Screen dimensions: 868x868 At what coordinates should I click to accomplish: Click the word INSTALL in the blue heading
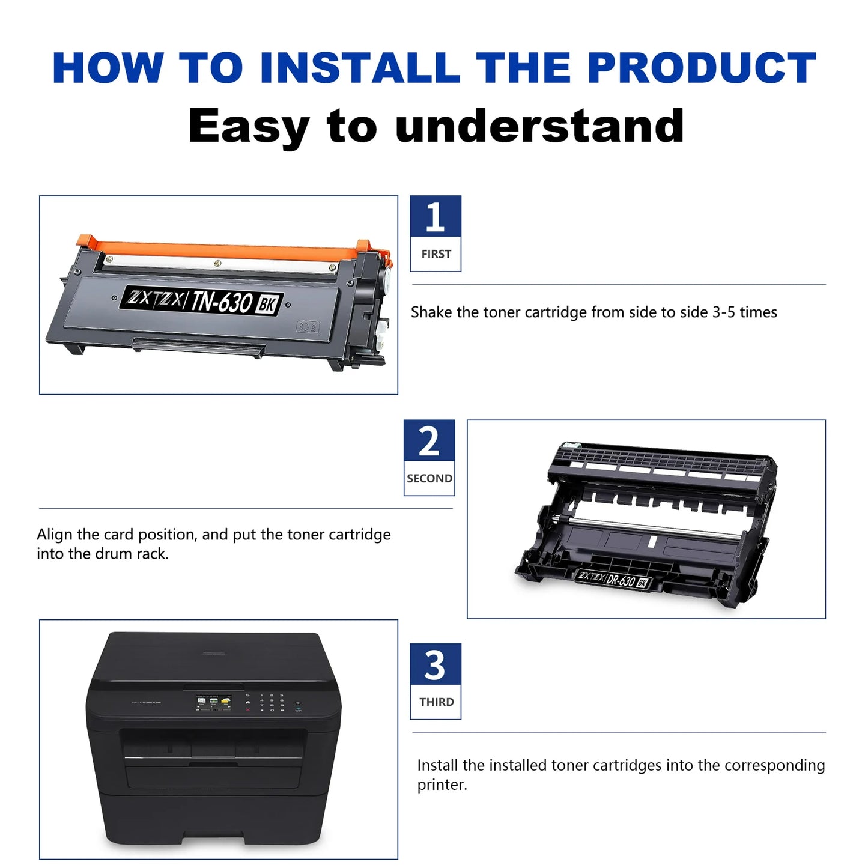click(x=359, y=68)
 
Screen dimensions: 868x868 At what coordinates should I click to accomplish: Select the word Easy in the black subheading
click(x=248, y=126)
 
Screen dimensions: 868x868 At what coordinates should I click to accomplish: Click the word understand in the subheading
click(x=539, y=126)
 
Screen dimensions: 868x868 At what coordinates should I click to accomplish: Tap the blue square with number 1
click(x=436, y=217)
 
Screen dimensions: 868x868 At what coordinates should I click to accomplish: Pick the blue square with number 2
click(x=429, y=441)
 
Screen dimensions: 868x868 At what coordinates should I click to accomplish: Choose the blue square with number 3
click(x=436, y=664)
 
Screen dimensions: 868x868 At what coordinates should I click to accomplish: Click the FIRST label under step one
click(x=436, y=254)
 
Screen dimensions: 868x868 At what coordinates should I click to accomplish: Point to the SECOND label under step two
click(x=429, y=478)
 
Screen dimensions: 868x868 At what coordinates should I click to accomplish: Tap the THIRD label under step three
click(x=436, y=702)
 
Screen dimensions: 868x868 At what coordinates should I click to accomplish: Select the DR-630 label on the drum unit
click(x=621, y=580)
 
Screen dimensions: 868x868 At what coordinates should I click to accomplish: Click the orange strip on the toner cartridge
click(x=228, y=250)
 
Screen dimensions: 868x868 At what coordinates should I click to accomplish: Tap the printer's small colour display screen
click(x=213, y=702)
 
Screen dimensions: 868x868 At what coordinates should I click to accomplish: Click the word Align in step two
click(x=55, y=535)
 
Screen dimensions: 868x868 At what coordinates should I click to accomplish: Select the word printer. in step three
click(x=442, y=785)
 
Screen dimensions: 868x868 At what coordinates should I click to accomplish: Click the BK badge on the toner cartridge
click(x=267, y=304)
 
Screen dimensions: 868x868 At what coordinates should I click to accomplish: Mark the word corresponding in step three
click(x=774, y=765)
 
